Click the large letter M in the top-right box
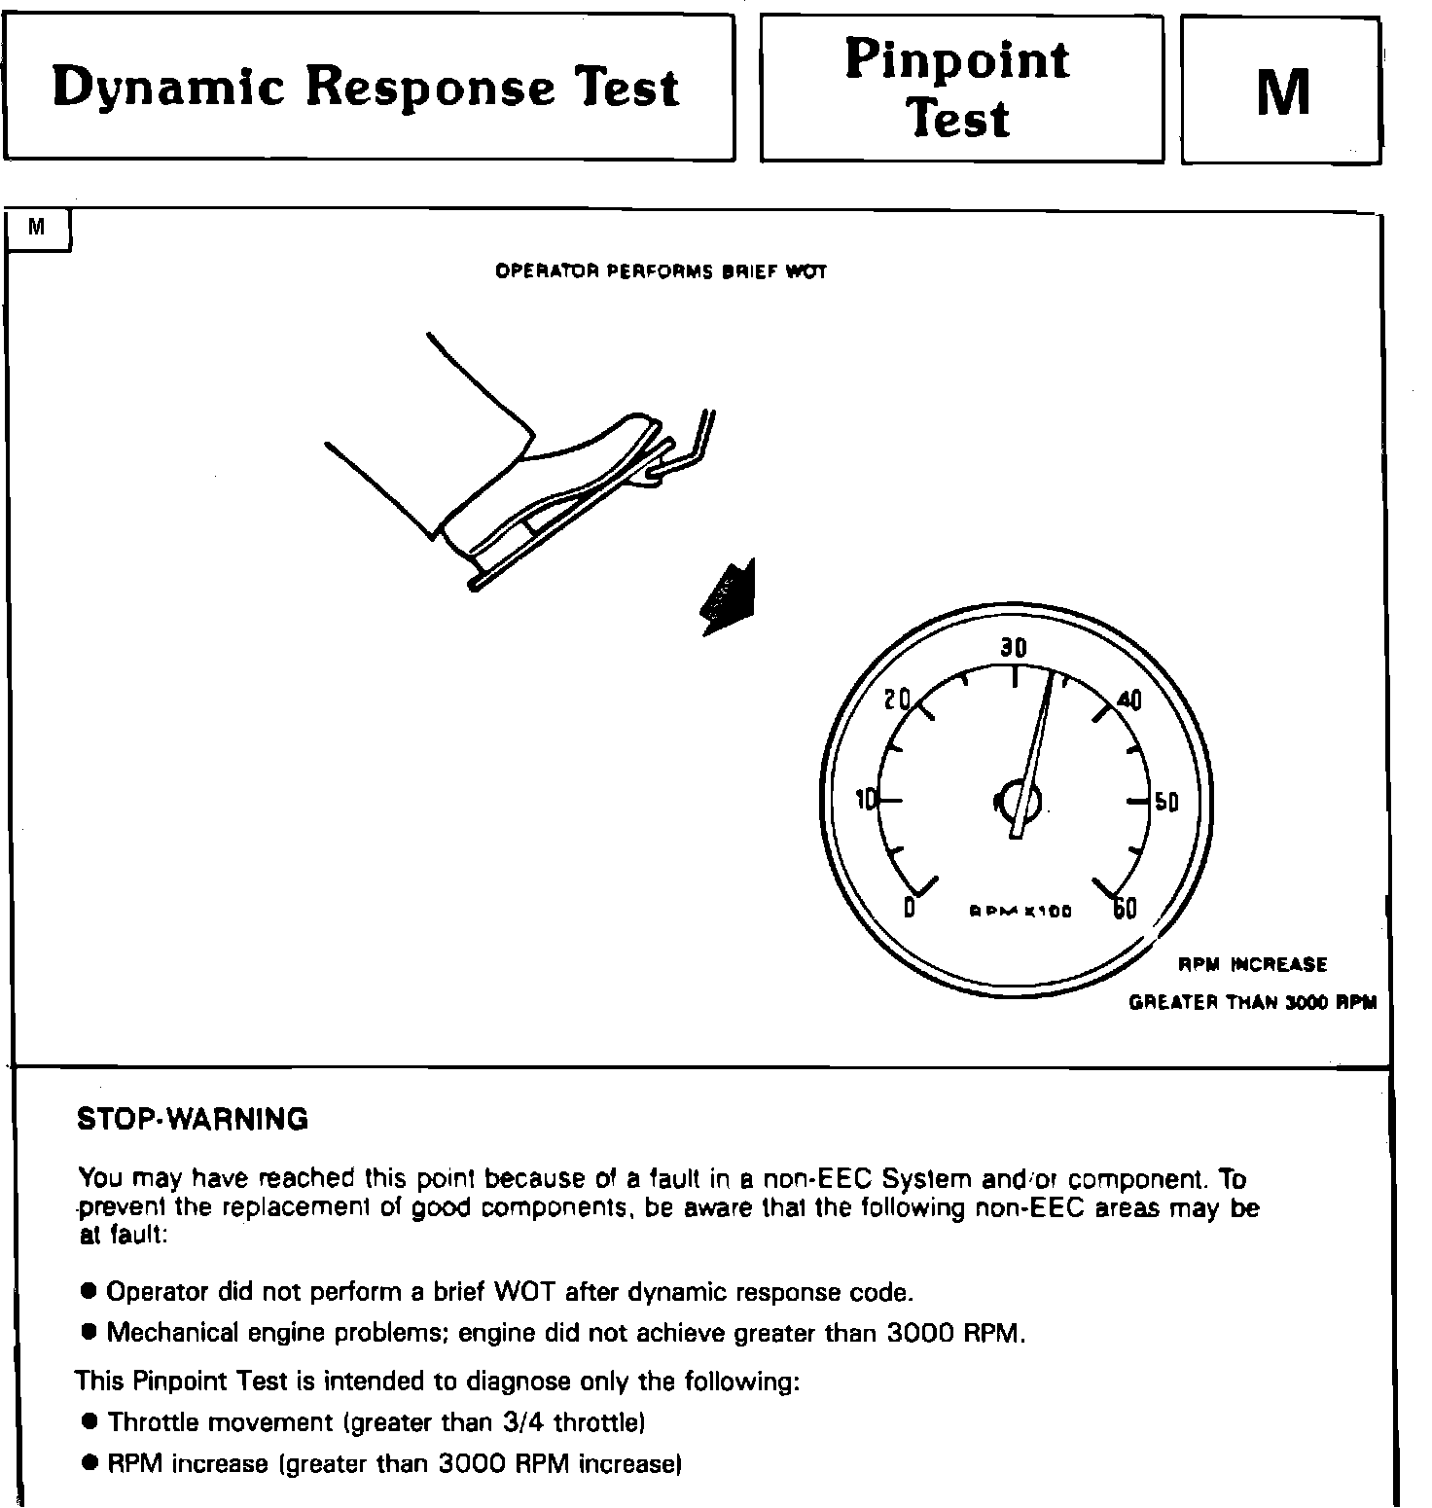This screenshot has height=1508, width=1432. click(1283, 92)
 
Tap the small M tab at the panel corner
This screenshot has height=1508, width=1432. click(37, 228)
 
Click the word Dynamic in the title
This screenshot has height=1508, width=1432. click(168, 89)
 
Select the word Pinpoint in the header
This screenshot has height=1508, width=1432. click(957, 59)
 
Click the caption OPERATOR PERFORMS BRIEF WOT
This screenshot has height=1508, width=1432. click(661, 271)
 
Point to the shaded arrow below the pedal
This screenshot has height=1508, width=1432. click(730, 597)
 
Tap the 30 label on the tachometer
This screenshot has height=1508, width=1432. click(1014, 648)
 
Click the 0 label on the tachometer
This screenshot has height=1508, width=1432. click(910, 908)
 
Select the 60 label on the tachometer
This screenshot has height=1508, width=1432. click(1125, 908)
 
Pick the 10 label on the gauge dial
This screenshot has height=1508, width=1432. click(866, 800)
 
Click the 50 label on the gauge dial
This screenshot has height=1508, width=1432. click(1166, 803)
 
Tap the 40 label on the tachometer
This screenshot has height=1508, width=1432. click(1129, 700)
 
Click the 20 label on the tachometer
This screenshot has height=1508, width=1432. click(897, 699)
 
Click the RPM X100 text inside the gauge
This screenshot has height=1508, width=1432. click(1020, 913)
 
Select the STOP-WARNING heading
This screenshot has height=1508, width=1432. click(193, 1120)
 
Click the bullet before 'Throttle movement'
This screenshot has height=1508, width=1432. click(90, 1421)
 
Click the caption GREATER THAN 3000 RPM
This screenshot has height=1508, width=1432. click(1252, 1003)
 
